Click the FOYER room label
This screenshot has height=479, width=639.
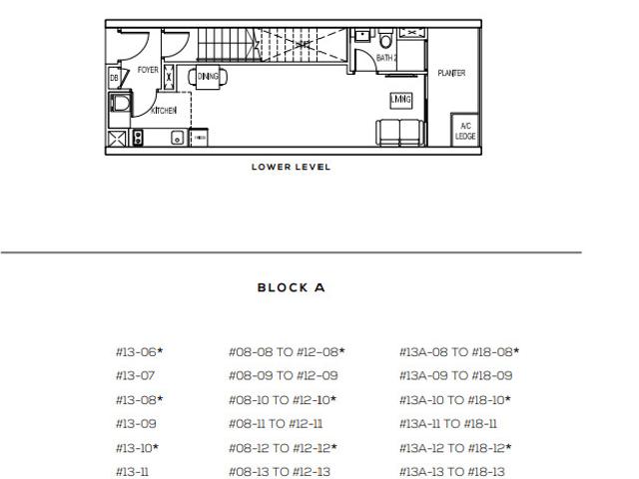147,72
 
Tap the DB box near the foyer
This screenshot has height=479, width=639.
113,78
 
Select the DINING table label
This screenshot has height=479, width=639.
207,76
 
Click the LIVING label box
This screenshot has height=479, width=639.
401,99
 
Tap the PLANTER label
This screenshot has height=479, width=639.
451,73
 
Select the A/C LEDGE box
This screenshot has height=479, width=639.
464,131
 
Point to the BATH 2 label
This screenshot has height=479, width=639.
386,59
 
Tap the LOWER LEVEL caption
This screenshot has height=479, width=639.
291,167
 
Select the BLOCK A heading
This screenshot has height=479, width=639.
291,287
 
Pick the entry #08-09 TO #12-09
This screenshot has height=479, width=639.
284,376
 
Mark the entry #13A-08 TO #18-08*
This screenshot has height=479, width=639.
458,352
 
